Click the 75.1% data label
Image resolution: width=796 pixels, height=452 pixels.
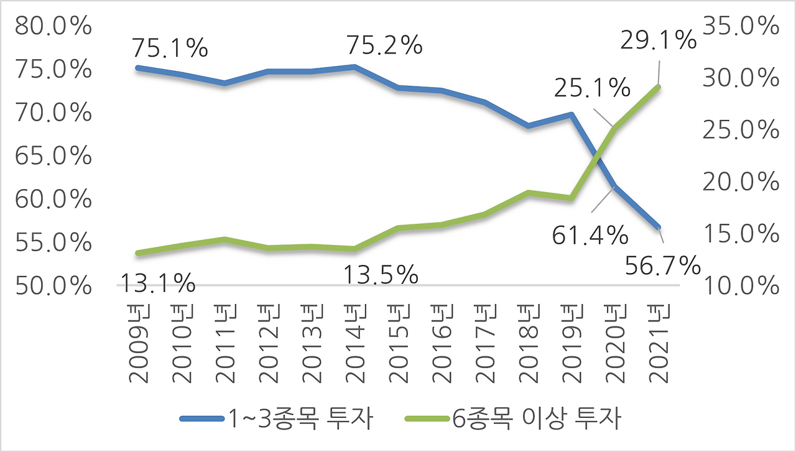[x=169, y=48]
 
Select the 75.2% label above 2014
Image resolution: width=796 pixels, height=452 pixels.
[x=384, y=45]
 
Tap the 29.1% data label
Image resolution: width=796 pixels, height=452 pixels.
[x=659, y=40]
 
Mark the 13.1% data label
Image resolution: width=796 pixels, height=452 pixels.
[x=157, y=284]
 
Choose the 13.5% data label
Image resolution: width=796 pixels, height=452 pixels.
[x=380, y=274]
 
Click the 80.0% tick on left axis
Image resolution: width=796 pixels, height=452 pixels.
[x=53, y=27]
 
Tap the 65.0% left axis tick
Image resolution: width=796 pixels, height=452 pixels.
[x=53, y=157]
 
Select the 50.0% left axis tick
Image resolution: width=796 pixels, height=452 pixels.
[x=53, y=286]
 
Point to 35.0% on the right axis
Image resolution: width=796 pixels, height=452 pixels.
[x=741, y=27]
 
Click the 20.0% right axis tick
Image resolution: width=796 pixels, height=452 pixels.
[x=741, y=183]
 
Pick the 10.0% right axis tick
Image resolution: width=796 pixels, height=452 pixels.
[x=741, y=286]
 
